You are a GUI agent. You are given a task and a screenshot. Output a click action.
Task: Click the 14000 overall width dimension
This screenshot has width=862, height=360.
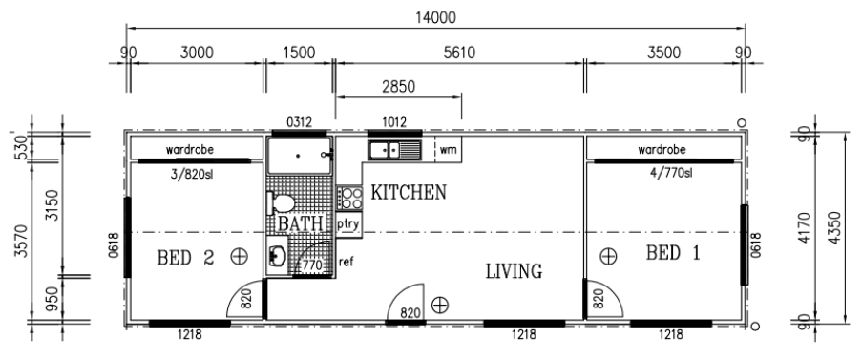(435, 17)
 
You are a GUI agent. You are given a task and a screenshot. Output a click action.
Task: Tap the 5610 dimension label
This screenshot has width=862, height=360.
(459, 53)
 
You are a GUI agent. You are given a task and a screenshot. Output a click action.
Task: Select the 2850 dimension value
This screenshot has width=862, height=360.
(399, 87)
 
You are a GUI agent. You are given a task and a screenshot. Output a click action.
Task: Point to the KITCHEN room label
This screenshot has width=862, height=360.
(409, 192)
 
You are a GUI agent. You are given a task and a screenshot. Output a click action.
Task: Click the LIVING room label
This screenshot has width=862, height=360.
(514, 271)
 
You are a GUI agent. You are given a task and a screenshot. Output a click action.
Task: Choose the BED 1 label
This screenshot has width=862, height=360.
(673, 253)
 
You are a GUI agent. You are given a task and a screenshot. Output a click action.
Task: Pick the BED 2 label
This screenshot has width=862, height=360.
(185, 257)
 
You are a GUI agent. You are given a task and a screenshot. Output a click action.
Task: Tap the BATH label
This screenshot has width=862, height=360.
(300, 223)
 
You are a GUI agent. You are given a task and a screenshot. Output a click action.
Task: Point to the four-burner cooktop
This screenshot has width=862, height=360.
(349, 198)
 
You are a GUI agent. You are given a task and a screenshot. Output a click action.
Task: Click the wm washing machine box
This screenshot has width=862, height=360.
(448, 150)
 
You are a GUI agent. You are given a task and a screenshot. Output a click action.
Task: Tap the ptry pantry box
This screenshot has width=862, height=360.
(348, 224)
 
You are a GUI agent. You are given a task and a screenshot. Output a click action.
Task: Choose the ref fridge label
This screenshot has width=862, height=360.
(346, 262)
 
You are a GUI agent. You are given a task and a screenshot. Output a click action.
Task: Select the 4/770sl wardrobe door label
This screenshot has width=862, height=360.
(670, 173)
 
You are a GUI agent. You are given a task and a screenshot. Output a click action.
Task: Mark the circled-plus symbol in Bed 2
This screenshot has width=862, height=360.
(240, 256)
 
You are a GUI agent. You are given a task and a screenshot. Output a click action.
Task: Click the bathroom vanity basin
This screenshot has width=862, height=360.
(277, 256)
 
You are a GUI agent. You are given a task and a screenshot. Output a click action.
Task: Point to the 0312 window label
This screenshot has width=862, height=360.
(300, 122)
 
